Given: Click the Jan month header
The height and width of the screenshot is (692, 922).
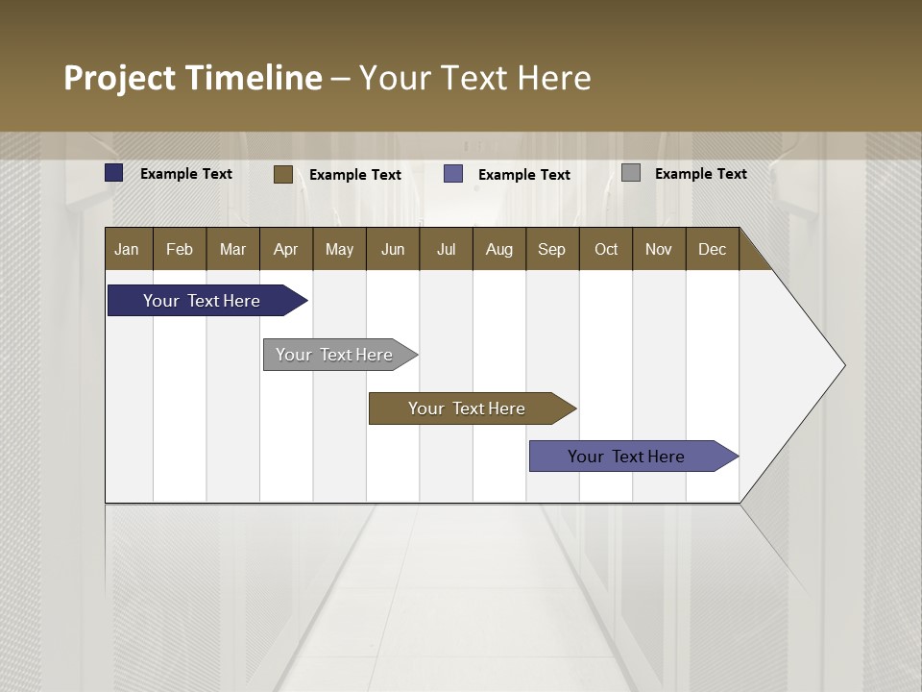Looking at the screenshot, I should pos(128,249).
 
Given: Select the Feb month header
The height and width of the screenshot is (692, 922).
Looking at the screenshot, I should pos(180,249).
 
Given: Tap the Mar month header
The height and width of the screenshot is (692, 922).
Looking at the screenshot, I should pos(232,249).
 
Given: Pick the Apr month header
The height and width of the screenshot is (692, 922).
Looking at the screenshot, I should pos(286,249).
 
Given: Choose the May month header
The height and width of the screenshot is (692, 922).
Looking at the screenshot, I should pos(339,249).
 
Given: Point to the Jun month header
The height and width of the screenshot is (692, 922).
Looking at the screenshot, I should pos(393,249).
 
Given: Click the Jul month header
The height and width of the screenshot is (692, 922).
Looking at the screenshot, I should pos(446,249).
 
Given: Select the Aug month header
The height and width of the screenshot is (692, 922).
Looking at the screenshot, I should pos(499,249).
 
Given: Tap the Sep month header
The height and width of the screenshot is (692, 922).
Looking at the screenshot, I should pos(552,249).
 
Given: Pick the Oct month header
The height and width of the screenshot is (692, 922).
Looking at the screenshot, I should pos(606,249).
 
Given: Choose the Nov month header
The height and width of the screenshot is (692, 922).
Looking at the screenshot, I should pos(659,249).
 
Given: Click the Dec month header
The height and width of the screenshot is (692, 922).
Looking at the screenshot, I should pos(713,249).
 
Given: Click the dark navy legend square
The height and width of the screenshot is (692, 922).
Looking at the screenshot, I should pos(114,173).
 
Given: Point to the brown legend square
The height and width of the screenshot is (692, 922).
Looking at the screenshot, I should pos(283,174).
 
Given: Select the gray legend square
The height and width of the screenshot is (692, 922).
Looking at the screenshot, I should pos(631,173).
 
